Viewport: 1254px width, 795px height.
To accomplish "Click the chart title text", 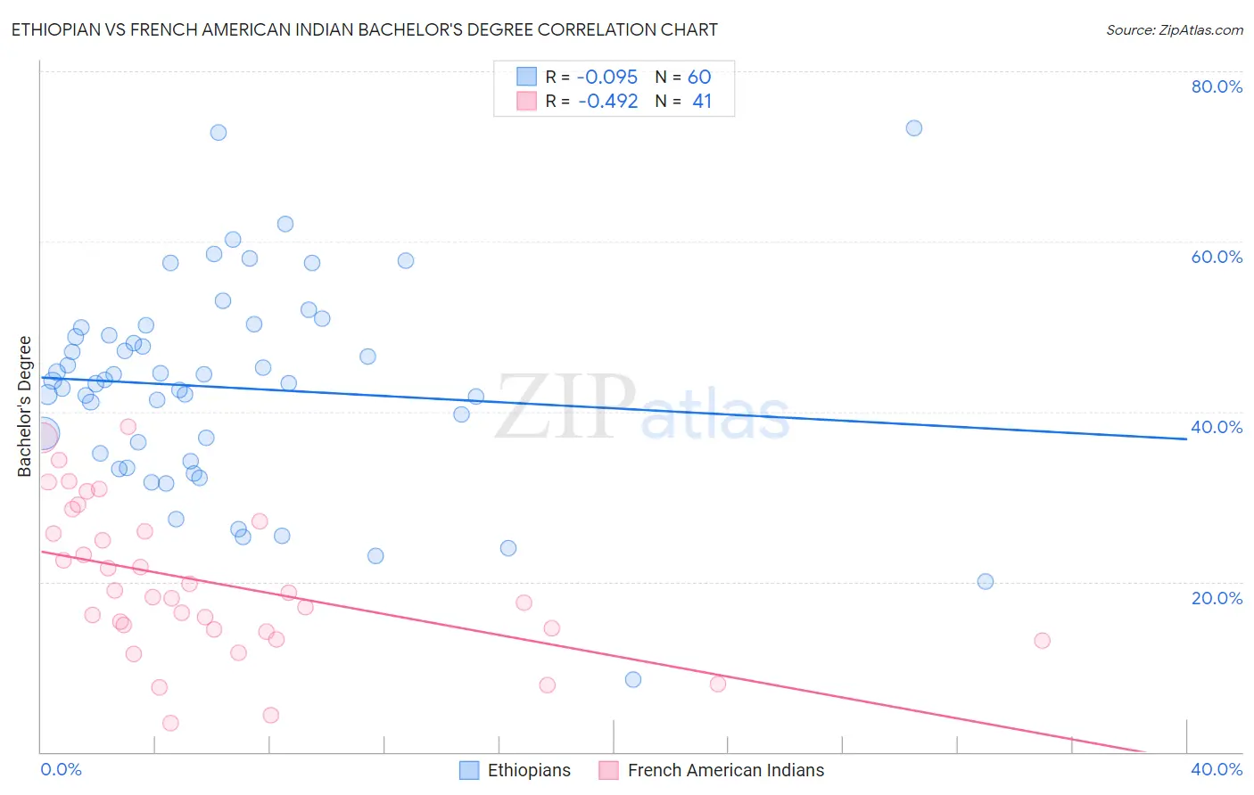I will (364, 29).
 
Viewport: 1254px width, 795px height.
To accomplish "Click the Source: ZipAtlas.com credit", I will (1174, 30).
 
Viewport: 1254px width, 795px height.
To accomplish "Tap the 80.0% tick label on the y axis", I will (1217, 86).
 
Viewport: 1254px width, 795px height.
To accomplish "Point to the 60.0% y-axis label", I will (1217, 257).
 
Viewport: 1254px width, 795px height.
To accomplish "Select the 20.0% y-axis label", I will (1217, 598).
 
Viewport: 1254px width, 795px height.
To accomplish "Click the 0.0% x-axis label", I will (61, 769).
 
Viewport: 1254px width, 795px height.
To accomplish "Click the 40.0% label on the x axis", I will (1217, 769).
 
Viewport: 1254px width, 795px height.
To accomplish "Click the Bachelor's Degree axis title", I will (25, 406).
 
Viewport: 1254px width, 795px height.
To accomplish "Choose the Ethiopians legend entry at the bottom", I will (528, 770).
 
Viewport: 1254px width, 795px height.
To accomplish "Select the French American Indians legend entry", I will (725, 770).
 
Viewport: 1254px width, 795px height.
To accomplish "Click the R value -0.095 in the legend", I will (607, 78).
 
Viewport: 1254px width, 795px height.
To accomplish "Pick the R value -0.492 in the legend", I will (607, 102).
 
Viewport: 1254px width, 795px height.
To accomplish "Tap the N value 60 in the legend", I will (699, 78).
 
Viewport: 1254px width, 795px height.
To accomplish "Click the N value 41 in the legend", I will (702, 102).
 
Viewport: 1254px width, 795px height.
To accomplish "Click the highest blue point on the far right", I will (913, 128).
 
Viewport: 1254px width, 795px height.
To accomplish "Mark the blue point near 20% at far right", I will (985, 582).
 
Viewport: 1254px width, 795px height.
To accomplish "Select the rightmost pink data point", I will (1042, 641).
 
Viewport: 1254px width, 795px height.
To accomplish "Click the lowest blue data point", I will (632, 680).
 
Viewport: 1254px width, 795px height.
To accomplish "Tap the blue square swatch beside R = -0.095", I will (527, 78).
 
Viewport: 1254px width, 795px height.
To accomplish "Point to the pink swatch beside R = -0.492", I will (527, 102).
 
